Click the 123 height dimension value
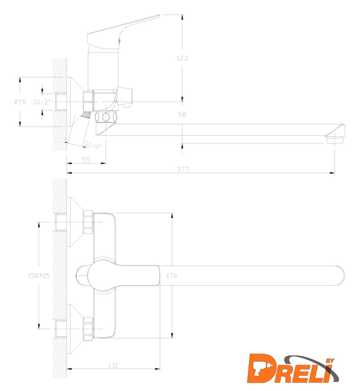pyautogui.click(x=182, y=58)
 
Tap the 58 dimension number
pyautogui.click(x=182, y=114)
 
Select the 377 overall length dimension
pyautogui.click(x=183, y=169)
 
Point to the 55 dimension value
pyautogui.click(x=86, y=159)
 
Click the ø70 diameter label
pyautogui.click(x=20, y=102)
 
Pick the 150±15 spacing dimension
pyautogui.click(x=38, y=276)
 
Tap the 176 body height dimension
pyautogui.click(x=172, y=276)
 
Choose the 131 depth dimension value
pyautogui.click(x=113, y=365)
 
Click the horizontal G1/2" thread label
pyautogui.click(x=42, y=102)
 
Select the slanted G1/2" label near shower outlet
pyautogui.click(x=93, y=145)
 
